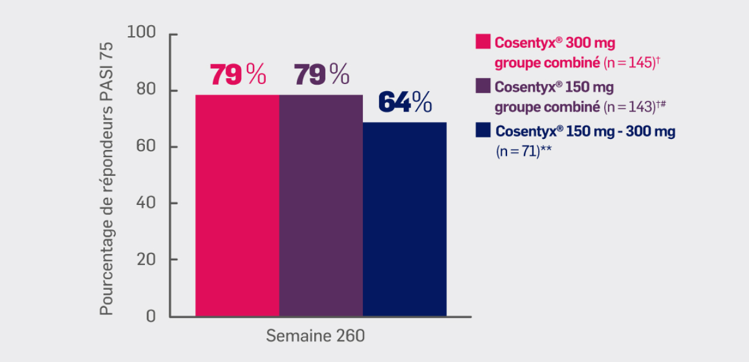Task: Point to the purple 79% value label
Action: tap(321, 74)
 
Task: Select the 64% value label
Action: tap(405, 102)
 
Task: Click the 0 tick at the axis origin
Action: tap(151, 316)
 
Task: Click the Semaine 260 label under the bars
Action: tap(315, 336)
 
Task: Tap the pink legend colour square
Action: tap(483, 42)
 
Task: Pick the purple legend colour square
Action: tap(483, 86)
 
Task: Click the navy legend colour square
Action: tap(483, 130)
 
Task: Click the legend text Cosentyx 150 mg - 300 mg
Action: tap(585, 132)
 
